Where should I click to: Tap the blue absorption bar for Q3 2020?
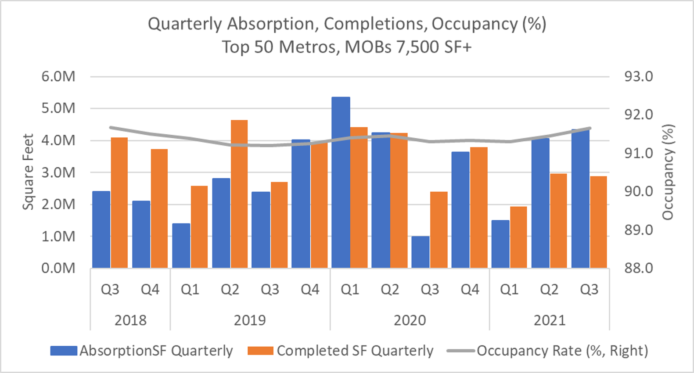(x=421, y=252)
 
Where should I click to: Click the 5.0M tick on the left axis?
(x=58, y=108)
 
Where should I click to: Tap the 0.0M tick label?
(x=58, y=268)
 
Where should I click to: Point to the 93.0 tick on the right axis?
(x=639, y=77)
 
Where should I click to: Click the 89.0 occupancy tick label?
(x=639, y=230)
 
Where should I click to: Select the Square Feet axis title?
(x=28, y=172)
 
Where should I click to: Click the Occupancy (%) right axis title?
(x=668, y=172)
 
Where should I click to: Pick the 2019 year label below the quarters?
(x=250, y=320)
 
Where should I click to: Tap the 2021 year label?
(x=550, y=320)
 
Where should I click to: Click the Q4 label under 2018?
(x=150, y=290)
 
